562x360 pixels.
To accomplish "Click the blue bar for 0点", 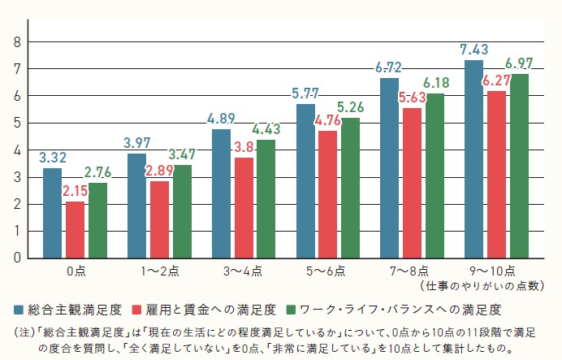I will pos(52,212).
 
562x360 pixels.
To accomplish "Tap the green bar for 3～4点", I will pos(266,198).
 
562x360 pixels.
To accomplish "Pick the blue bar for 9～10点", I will pos(473,158).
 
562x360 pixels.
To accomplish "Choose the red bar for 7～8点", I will pos(412,183).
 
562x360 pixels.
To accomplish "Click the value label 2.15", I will pos(76,191).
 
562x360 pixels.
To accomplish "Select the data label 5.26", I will pos(352,108).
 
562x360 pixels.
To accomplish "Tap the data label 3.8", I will pos(243,148).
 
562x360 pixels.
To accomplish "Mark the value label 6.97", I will pos(520,63).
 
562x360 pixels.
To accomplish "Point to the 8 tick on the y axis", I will pos(17,42).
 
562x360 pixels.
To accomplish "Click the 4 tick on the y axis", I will pos(17,150).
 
